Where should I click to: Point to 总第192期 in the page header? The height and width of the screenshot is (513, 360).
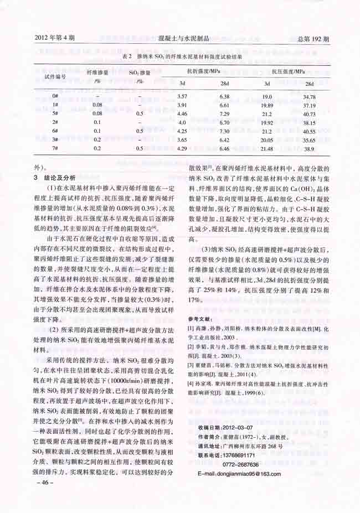click(313, 39)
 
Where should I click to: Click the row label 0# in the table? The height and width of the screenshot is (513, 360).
click(55, 96)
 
